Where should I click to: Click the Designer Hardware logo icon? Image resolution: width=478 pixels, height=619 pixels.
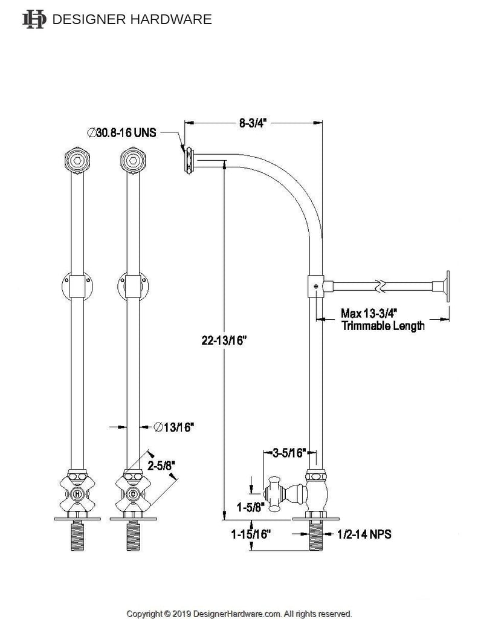pos(34,19)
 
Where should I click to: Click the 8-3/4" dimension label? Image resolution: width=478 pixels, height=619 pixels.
pos(253,123)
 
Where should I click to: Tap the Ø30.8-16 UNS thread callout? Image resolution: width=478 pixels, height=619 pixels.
pos(121,132)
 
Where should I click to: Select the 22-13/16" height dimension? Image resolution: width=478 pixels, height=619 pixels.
pos(224,340)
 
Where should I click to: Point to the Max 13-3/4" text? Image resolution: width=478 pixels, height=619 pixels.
pos(369,314)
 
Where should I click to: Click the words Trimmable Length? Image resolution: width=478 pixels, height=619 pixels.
pos(383,326)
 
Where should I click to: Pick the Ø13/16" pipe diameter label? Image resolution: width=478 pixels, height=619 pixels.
pos(173,427)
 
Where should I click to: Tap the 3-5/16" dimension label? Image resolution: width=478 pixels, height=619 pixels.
pos(289,452)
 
